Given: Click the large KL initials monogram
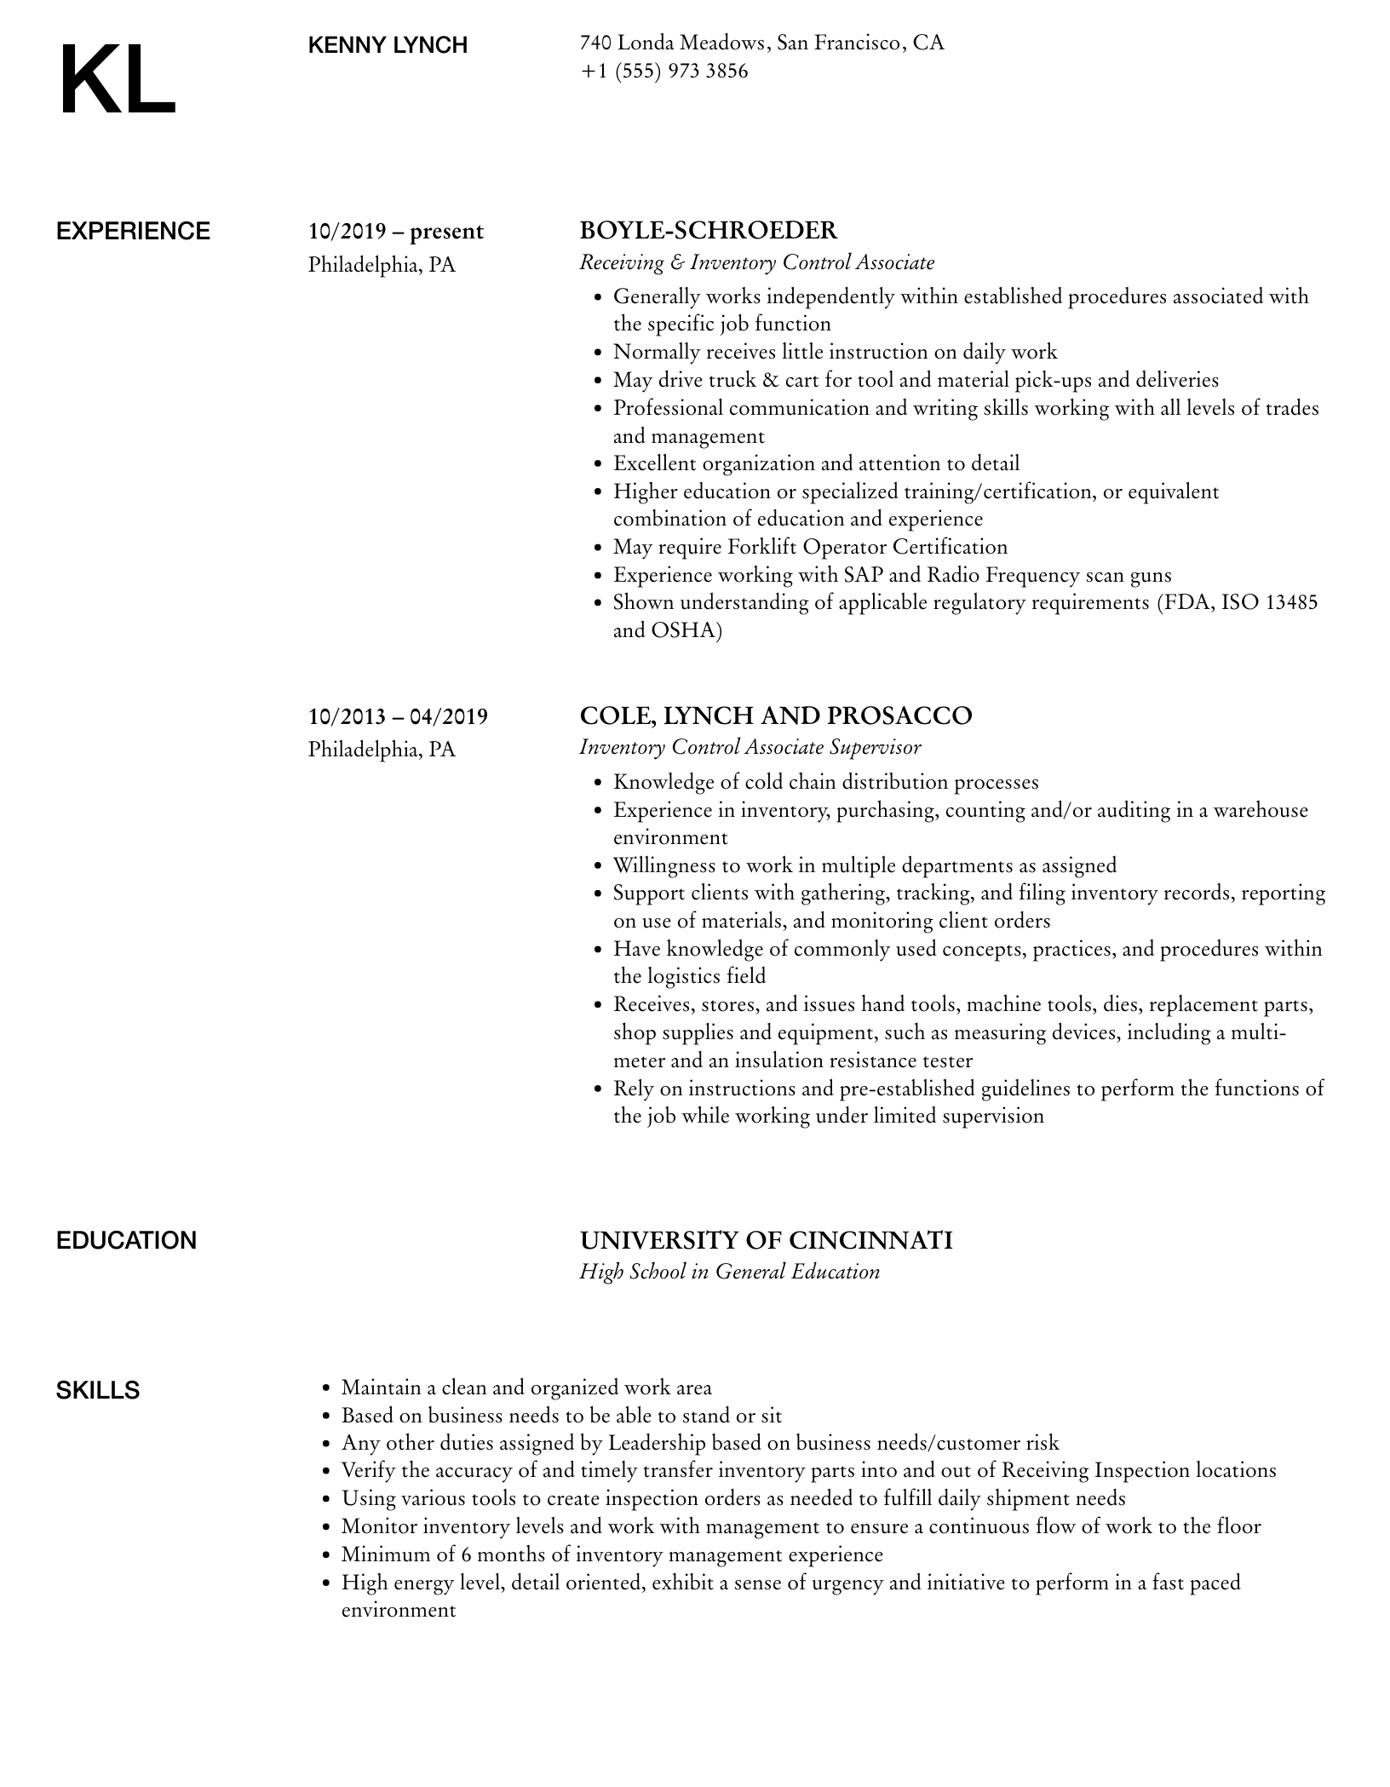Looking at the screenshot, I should [x=118, y=81].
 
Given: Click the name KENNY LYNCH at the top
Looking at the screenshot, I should [x=388, y=45].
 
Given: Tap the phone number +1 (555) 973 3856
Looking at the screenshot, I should [x=664, y=72].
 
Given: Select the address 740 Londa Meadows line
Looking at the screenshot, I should [x=762, y=43].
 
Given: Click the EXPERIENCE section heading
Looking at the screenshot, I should [x=133, y=232].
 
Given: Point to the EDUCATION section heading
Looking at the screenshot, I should [x=126, y=1240].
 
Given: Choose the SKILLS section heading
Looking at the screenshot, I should [x=98, y=1391].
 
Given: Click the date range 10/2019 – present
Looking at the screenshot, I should [x=396, y=232].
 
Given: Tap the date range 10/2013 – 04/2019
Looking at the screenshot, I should [x=399, y=717].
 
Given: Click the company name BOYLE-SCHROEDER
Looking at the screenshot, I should [x=709, y=231].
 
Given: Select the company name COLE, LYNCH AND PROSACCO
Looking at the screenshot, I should [x=776, y=716].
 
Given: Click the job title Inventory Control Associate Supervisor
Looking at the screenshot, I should [x=750, y=748].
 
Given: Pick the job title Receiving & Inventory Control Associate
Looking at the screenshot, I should [x=757, y=263].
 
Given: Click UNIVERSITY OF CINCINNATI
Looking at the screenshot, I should [x=766, y=1240].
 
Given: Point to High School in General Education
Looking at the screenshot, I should [x=730, y=1273].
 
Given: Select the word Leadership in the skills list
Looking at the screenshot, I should [x=656, y=1443].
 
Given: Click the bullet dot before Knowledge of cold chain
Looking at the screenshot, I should [x=597, y=784].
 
